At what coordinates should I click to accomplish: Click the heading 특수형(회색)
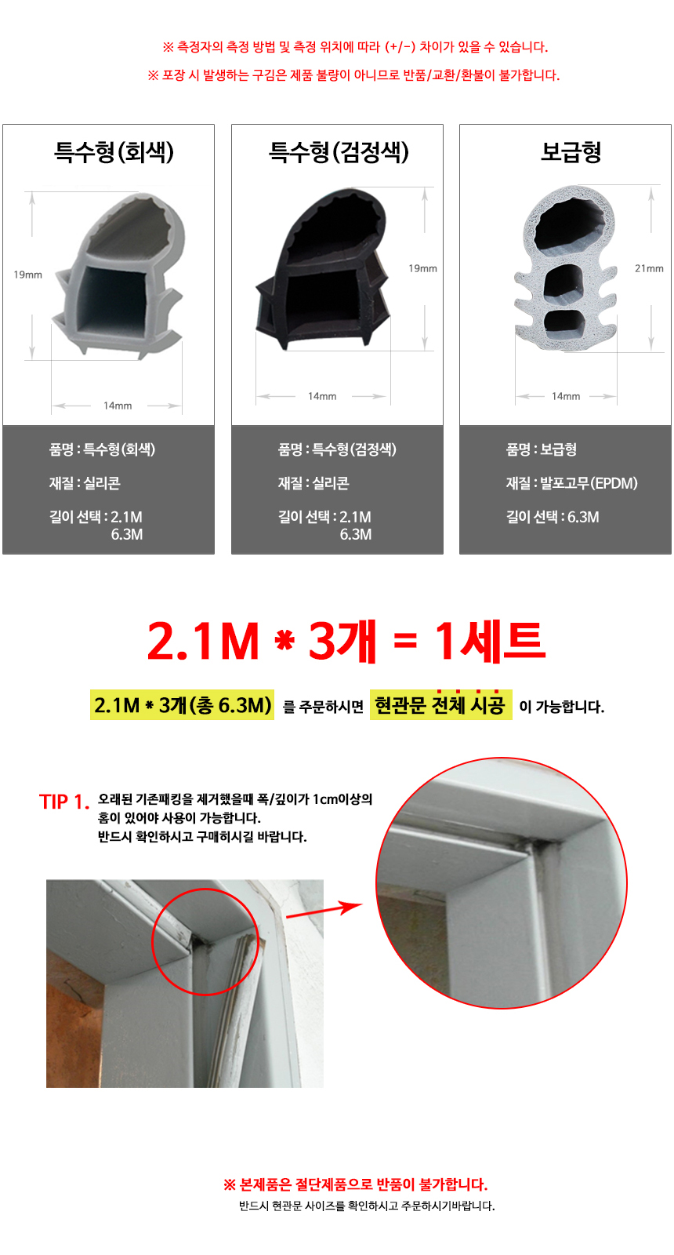click(x=114, y=151)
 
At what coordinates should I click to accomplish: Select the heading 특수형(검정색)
click(x=339, y=151)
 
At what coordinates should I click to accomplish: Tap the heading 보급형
click(x=571, y=151)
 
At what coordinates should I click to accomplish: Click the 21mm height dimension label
click(x=649, y=268)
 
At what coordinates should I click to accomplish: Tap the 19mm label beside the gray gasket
click(x=27, y=275)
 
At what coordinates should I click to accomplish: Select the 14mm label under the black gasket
click(x=322, y=396)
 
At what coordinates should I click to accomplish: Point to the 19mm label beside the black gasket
click(x=422, y=268)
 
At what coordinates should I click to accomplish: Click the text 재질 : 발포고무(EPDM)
click(x=571, y=483)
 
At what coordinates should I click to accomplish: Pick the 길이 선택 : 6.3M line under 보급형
click(x=552, y=517)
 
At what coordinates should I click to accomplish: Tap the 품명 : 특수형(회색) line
click(x=102, y=449)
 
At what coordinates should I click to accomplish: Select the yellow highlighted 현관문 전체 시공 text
click(x=440, y=705)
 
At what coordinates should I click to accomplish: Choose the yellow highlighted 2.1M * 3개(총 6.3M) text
click(x=183, y=705)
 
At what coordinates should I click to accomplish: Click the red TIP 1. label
click(x=64, y=802)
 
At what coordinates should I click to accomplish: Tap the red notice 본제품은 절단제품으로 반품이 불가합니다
click(x=355, y=1184)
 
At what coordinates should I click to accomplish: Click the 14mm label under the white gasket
click(x=566, y=396)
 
